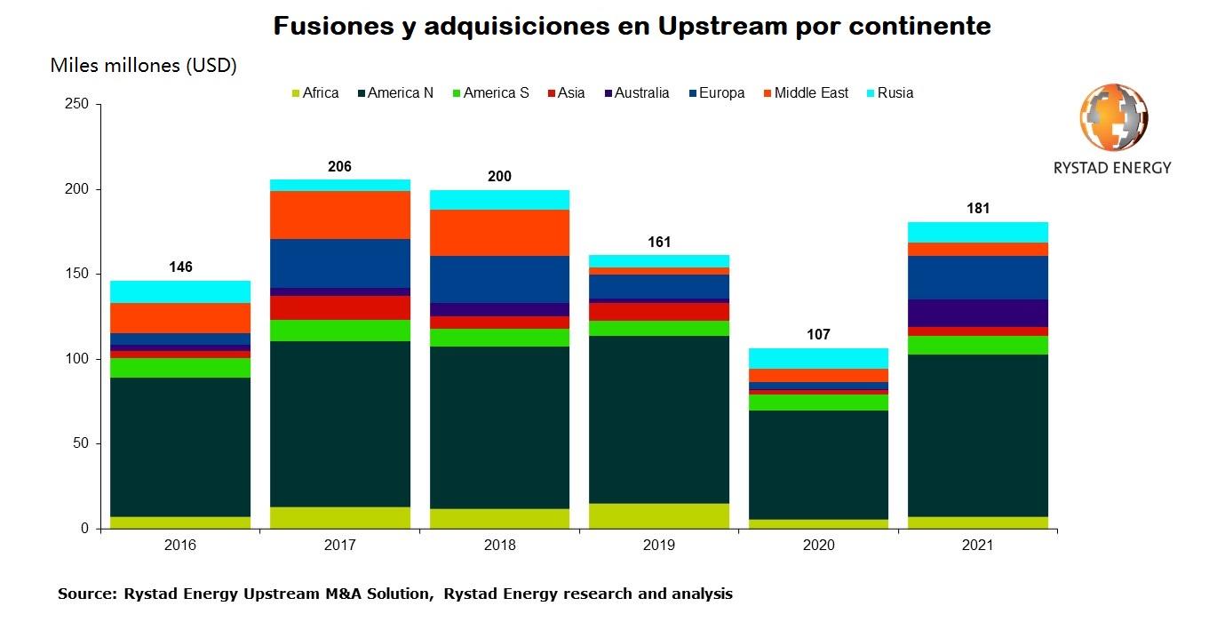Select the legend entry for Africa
coord(314,93)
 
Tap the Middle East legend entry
coord(805,93)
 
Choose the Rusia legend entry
coord(887,93)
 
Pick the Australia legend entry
coord(634,93)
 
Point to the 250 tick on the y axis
coord(76,105)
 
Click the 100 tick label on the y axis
coord(76,359)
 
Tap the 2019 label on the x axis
coord(659,545)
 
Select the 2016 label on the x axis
coord(180,545)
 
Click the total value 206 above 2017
coord(339,166)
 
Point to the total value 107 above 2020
coord(818,335)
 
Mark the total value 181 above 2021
coord(978,209)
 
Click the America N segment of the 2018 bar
coord(499,427)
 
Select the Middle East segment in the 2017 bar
coord(340,215)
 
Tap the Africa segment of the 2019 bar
coord(659,515)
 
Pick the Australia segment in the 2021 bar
coord(978,313)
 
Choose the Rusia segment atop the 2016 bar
coord(180,291)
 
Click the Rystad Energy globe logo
coord(1113,118)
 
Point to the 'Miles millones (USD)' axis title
coord(143,66)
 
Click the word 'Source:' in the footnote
coord(87,594)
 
